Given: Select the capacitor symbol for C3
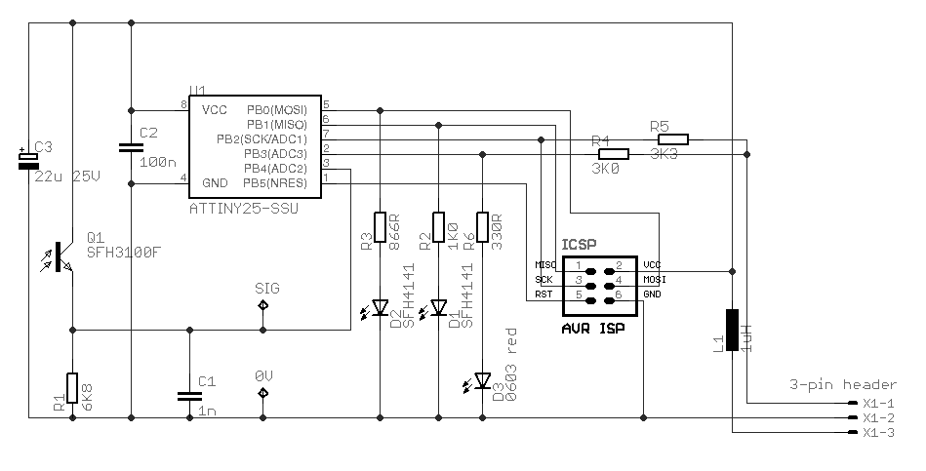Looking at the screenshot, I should [x=28, y=161].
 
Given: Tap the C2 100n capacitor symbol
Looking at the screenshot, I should [x=131, y=147].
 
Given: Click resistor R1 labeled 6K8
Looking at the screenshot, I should [x=72, y=387].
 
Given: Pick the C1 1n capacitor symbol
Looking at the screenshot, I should [x=188, y=395].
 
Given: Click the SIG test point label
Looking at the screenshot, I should [x=266, y=289].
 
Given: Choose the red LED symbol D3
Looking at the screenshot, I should [x=482, y=380].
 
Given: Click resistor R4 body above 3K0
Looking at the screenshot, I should [x=614, y=154].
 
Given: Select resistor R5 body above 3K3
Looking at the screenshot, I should [x=672, y=139].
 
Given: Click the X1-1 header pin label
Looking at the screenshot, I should [x=879, y=403].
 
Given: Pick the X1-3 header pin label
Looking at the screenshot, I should [x=879, y=432].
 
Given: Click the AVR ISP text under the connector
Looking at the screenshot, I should [x=592, y=329].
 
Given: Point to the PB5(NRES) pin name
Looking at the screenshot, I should [x=277, y=182].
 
